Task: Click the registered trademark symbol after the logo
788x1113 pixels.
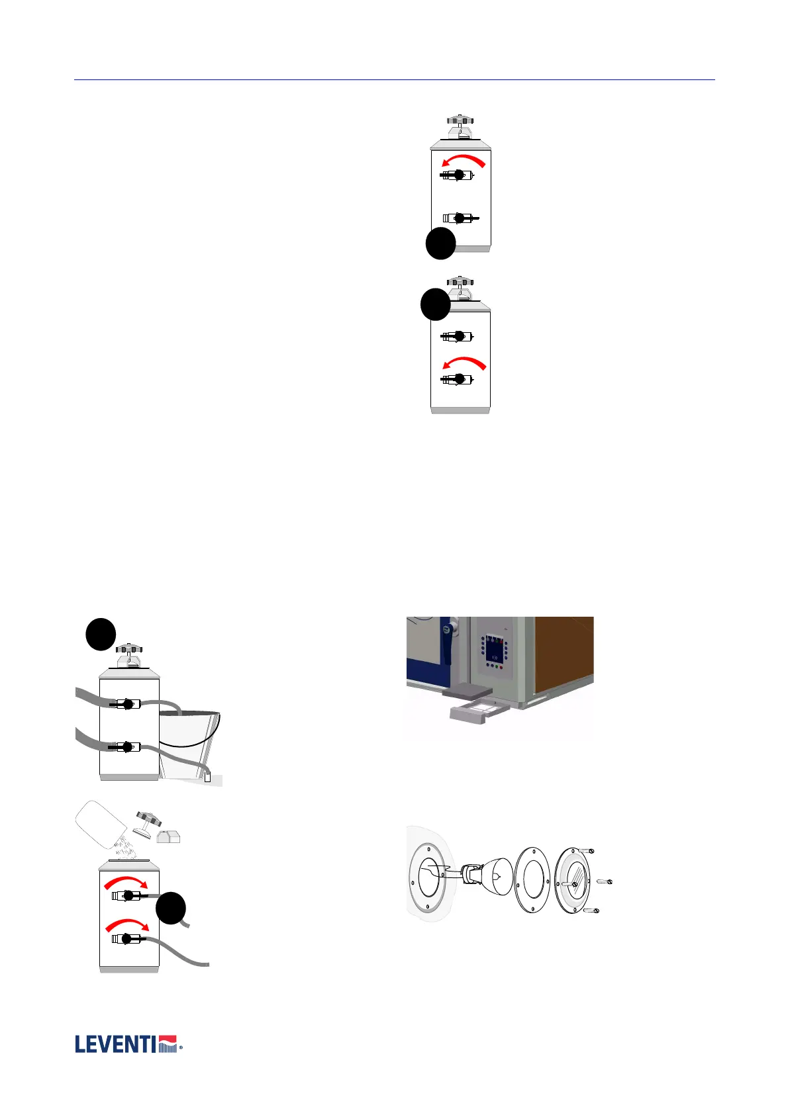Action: [181, 1048]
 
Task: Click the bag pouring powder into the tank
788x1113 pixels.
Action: [103, 825]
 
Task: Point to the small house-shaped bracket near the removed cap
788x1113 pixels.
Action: [169, 836]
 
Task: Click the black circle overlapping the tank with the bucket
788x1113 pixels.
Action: [101, 634]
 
